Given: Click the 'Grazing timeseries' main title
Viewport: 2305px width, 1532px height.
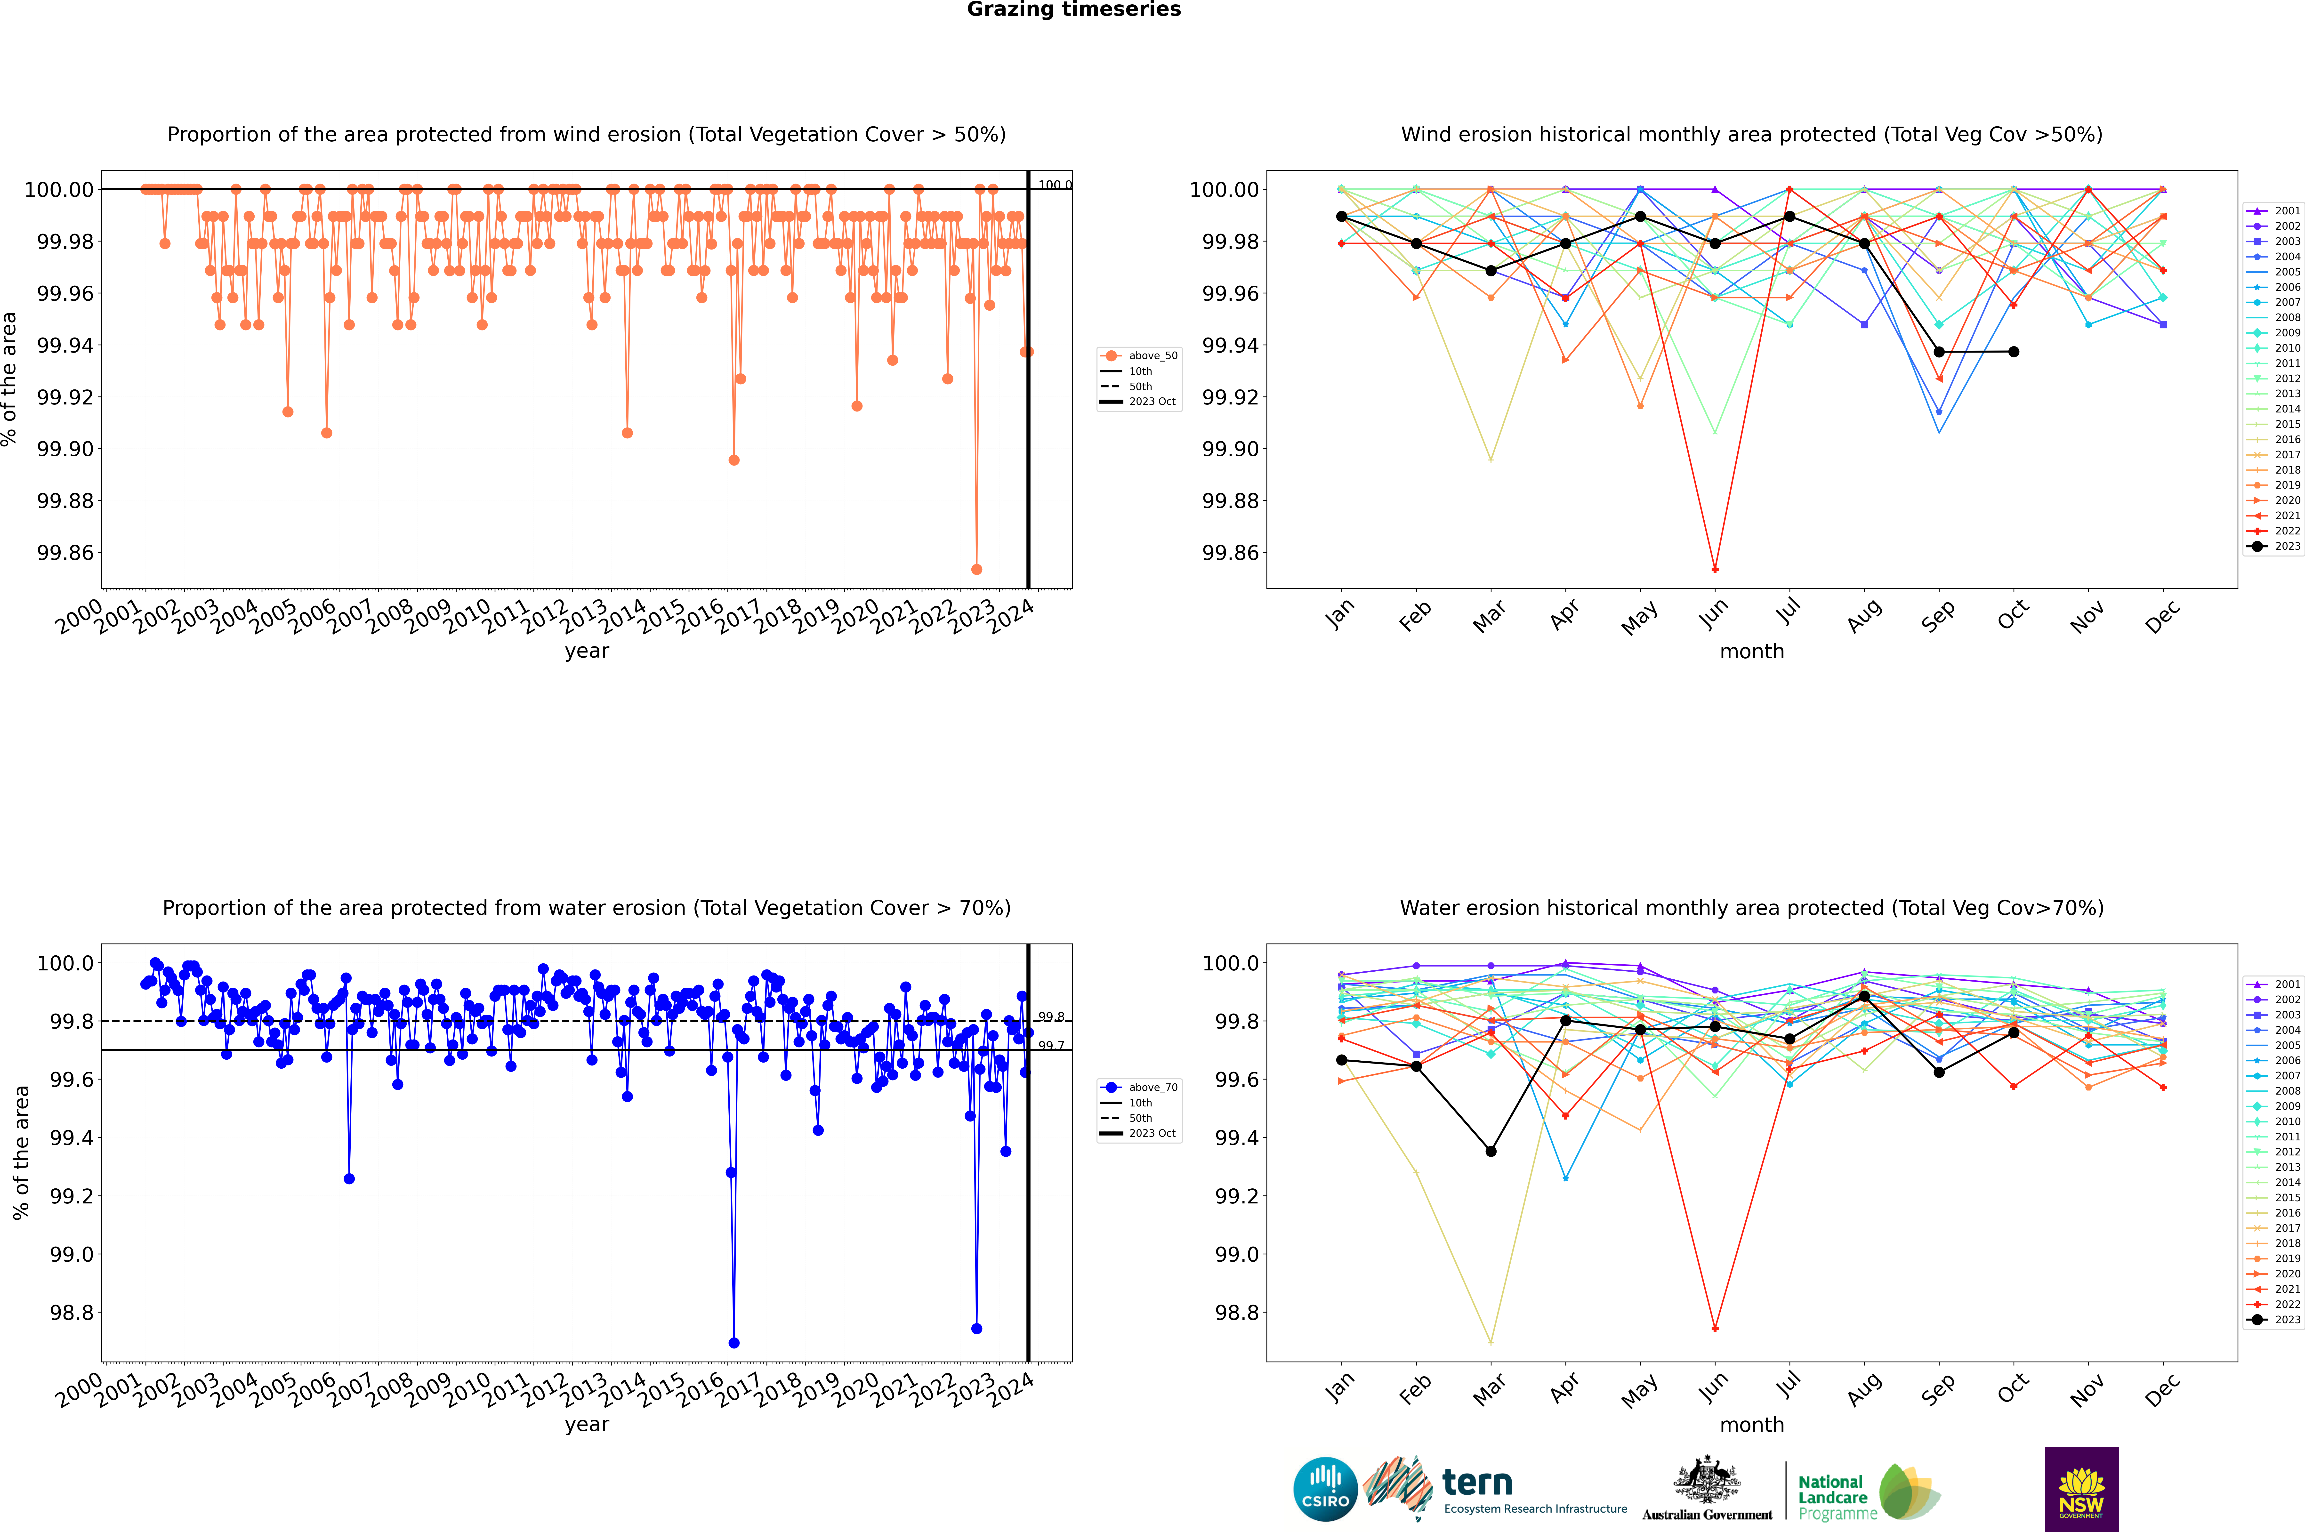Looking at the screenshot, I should coord(1074,10).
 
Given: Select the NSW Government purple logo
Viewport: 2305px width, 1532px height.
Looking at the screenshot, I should coord(2081,1489).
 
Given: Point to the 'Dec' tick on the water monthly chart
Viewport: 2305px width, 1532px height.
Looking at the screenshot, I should coord(2162,1388).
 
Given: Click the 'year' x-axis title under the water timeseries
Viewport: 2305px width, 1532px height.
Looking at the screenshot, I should coord(586,1425).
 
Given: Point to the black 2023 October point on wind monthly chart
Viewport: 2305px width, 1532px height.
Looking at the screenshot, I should coord(2014,352).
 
